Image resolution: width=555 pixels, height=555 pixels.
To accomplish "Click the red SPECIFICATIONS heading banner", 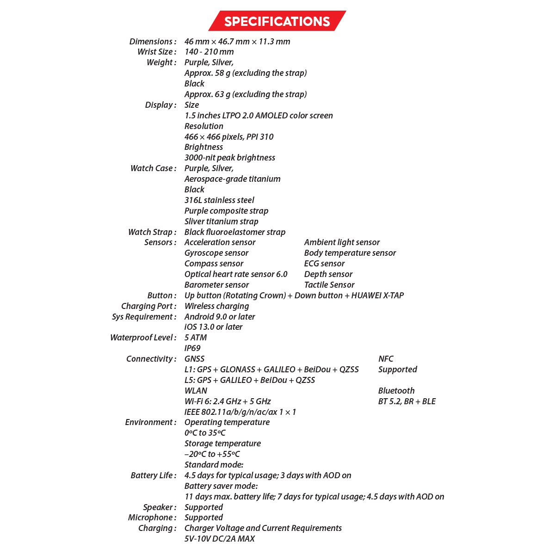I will click(x=277, y=21).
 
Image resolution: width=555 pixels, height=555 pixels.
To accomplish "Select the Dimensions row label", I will click(x=153, y=42).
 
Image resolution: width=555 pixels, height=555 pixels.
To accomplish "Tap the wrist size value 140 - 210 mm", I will click(x=209, y=52).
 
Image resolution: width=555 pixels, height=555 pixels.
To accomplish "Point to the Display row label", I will click(x=160, y=105).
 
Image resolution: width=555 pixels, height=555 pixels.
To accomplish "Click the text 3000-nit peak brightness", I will click(x=230, y=158).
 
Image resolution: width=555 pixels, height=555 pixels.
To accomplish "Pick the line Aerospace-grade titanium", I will click(x=232, y=179).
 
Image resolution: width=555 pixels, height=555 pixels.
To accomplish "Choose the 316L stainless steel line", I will click(x=219, y=200).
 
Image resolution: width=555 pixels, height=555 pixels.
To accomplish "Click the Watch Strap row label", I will click(x=152, y=232).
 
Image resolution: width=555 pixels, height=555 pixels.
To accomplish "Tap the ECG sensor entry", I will click(x=324, y=264).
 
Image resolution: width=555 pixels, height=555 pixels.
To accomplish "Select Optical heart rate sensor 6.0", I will click(x=236, y=274).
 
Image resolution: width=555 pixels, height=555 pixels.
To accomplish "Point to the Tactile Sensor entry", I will click(x=329, y=285).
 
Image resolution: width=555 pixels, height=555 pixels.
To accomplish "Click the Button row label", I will click(x=162, y=296).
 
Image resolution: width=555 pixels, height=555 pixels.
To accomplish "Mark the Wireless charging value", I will click(x=216, y=306).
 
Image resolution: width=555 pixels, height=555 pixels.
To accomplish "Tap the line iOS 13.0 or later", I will click(x=213, y=327).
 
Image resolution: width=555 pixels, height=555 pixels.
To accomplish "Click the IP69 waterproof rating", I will click(x=192, y=348).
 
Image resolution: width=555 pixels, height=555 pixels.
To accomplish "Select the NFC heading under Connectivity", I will click(x=386, y=359).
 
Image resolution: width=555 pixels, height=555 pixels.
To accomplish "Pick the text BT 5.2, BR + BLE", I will click(x=407, y=401).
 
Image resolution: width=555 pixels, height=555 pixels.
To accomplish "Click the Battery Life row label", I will click(x=154, y=475).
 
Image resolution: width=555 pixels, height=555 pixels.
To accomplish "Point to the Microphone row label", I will click(x=152, y=518).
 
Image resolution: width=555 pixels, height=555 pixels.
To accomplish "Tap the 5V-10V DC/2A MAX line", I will click(x=220, y=539).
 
